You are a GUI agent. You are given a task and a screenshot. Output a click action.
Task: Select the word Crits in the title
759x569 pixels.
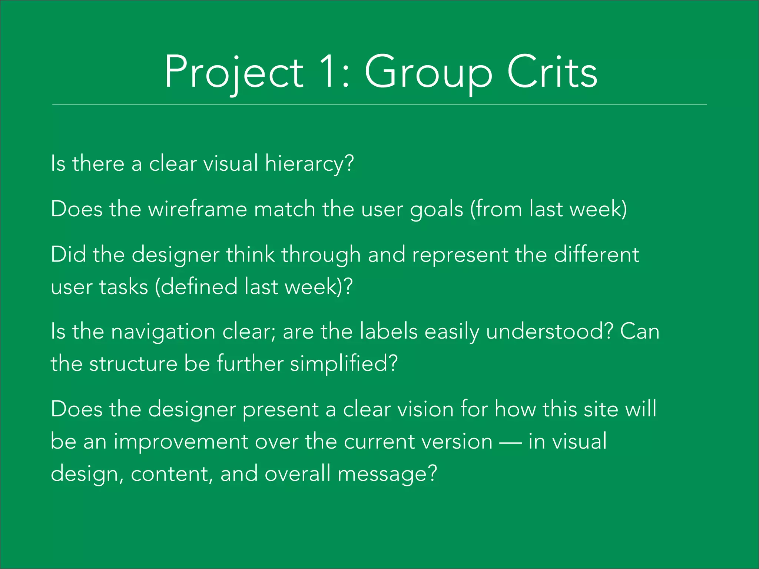pos(552,72)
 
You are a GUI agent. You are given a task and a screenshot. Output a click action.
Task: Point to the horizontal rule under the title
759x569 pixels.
pos(379,104)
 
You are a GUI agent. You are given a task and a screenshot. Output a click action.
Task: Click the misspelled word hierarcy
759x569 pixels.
pos(309,164)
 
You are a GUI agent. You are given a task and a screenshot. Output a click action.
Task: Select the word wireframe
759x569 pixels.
pos(198,209)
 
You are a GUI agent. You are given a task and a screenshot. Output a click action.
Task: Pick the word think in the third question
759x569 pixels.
pos(251,255)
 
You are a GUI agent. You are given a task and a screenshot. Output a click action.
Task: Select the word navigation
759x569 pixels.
pos(163,332)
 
